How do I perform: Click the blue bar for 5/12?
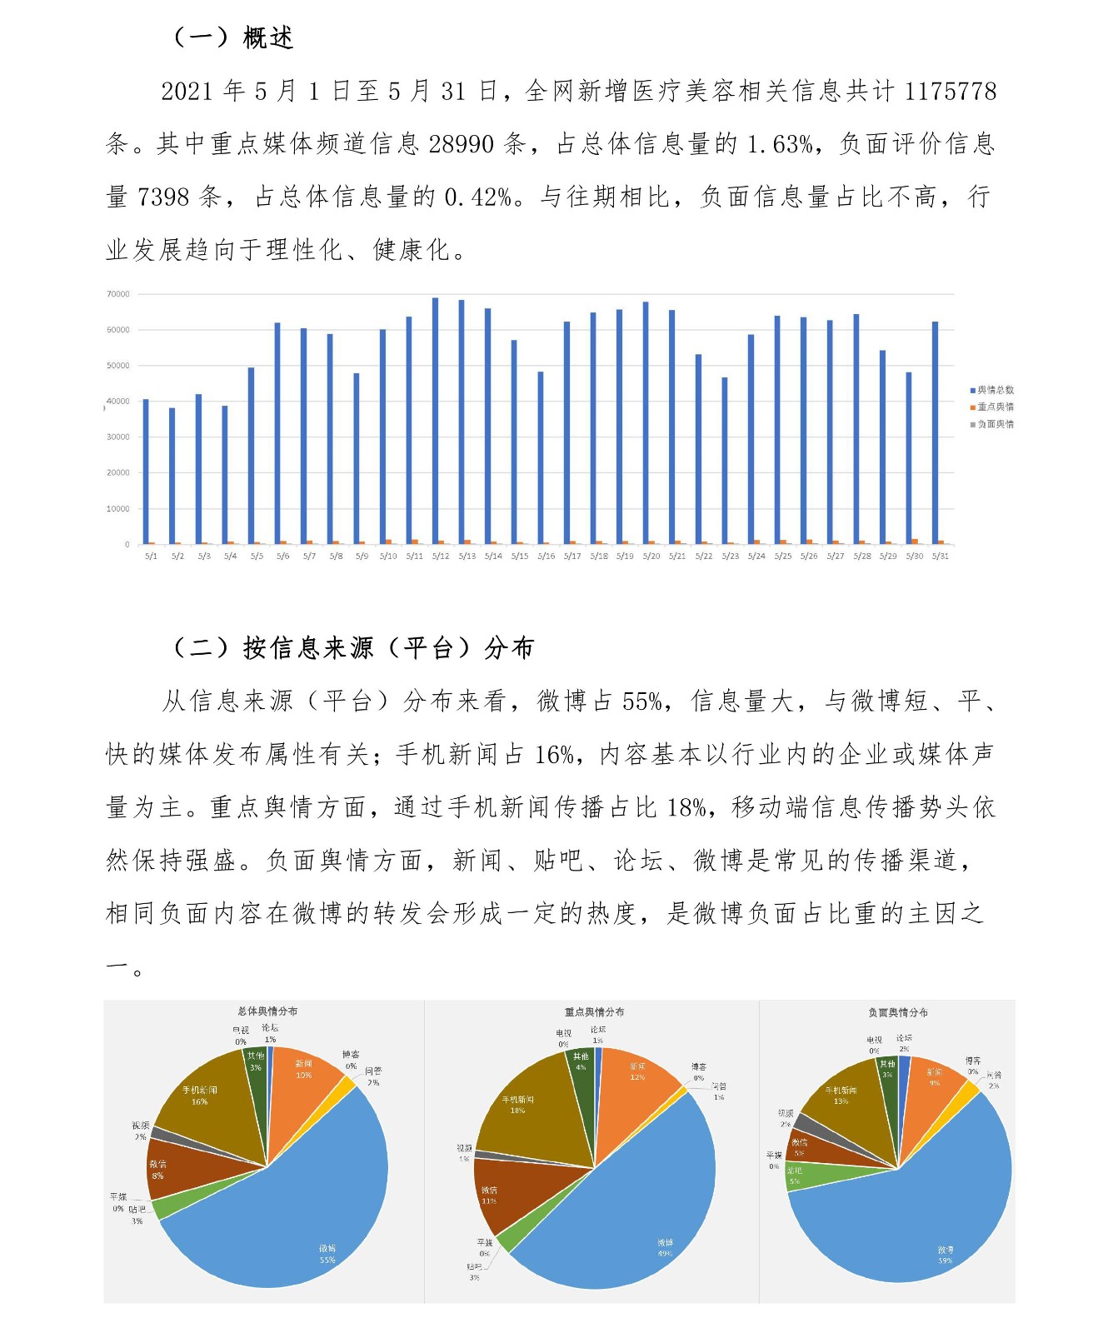(435, 421)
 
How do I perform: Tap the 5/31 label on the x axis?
(941, 556)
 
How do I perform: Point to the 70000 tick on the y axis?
(118, 294)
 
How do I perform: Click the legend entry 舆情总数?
(995, 390)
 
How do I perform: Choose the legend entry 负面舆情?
(995, 424)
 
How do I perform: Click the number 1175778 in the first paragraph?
(950, 91)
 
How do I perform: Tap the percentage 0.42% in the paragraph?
(477, 197)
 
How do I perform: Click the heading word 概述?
(268, 37)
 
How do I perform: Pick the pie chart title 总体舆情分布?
(267, 1011)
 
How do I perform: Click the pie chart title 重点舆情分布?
(594, 1011)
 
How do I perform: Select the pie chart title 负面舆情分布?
(897, 1011)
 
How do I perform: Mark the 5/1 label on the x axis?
(151, 556)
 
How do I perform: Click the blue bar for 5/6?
(277, 433)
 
